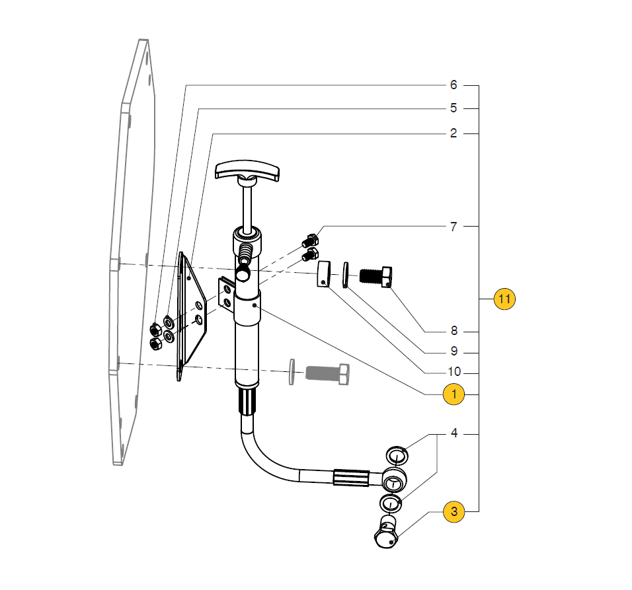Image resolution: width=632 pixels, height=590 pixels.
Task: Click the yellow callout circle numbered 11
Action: (x=504, y=299)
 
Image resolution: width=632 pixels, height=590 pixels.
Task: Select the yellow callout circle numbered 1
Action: (x=454, y=394)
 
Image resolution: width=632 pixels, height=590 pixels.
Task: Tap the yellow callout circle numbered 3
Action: (x=454, y=511)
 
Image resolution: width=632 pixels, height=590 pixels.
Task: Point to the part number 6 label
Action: (x=454, y=85)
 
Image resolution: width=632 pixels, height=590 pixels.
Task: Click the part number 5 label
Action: (x=454, y=108)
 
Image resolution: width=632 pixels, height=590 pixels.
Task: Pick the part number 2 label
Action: (x=454, y=133)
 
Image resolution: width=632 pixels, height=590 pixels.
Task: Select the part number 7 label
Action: (x=454, y=227)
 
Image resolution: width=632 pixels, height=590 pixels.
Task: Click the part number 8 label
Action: (x=454, y=330)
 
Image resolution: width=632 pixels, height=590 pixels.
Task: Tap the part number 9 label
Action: (x=454, y=351)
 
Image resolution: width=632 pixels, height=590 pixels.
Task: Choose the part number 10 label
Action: (x=454, y=371)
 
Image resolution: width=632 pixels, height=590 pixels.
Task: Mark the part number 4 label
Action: (x=454, y=433)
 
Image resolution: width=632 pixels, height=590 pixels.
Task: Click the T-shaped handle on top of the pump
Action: (x=247, y=170)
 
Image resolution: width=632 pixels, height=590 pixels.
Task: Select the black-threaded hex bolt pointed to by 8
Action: (x=375, y=276)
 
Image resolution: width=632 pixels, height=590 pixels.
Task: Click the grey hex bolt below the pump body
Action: (x=328, y=374)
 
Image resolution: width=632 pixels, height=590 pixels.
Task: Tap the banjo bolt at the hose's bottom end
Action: (x=386, y=533)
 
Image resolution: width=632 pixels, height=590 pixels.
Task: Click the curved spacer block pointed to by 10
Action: (x=323, y=274)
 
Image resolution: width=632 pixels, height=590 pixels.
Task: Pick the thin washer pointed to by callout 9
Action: (x=345, y=275)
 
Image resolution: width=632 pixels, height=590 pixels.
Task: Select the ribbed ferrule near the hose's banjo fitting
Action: (x=351, y=478)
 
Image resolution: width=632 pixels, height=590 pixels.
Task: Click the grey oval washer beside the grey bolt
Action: (x=292, y=372)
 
